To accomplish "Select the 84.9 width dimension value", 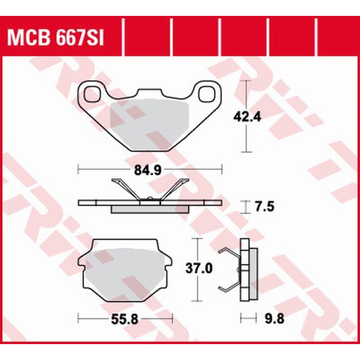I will click(x=150, y=171).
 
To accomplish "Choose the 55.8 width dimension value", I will click(x=125, y=317).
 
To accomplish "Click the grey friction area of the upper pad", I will click(x=149, y=122).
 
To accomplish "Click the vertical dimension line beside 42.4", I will click(x=244, y=139).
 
